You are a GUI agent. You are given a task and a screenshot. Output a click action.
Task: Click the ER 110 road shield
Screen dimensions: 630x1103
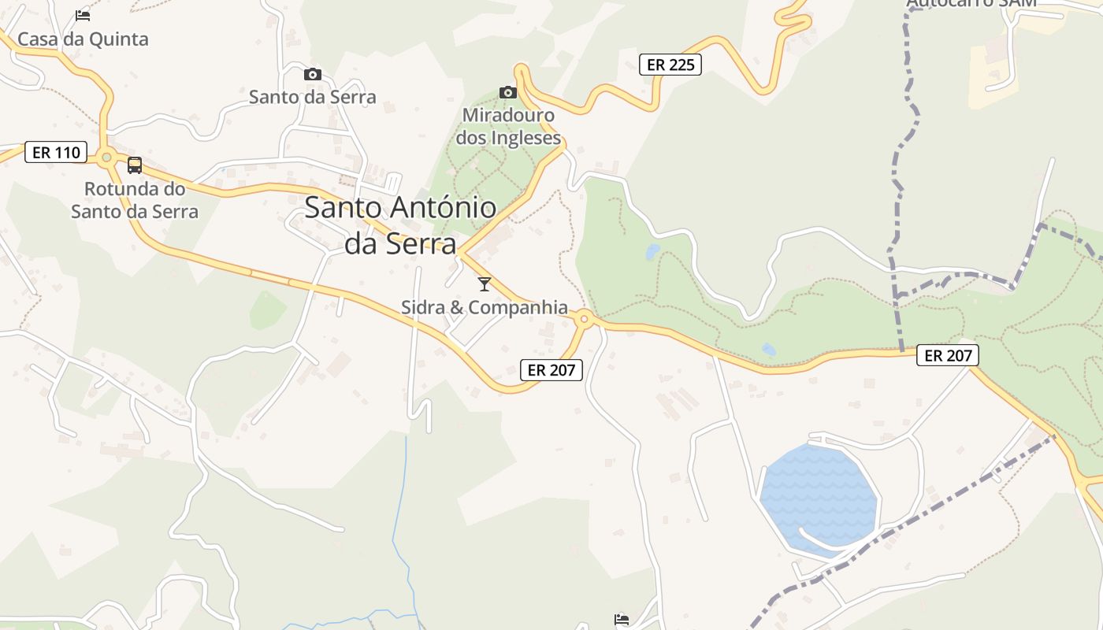(55, 152)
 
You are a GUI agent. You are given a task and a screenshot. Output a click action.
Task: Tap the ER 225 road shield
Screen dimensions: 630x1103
(670, 65)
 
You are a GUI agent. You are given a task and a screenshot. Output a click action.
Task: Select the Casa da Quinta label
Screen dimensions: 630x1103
(83, 39)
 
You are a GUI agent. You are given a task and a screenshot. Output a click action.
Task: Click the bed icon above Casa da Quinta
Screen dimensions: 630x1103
(83, 15)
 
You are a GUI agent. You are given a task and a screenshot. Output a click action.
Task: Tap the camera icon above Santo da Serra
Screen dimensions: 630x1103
(313, 74)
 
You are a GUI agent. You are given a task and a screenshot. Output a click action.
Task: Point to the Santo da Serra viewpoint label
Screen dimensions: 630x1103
(313, 97)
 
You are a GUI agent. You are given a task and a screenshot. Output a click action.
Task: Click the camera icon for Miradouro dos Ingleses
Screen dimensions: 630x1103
(508, 92)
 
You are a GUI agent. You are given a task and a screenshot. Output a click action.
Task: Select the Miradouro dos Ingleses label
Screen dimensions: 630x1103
(508, 126)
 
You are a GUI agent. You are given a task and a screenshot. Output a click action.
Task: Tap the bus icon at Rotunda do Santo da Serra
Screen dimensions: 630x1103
(135, 165)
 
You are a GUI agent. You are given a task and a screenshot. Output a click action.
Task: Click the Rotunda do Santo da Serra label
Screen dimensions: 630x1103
(135, 200)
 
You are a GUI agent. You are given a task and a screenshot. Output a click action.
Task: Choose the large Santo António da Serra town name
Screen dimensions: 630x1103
(400, 225)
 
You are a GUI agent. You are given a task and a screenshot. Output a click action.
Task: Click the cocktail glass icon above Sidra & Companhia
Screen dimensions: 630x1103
(485, 283)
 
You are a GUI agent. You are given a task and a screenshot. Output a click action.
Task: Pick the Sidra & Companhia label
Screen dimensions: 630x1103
(485, 307)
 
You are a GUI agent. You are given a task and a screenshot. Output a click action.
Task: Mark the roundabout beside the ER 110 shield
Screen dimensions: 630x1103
(106, 157)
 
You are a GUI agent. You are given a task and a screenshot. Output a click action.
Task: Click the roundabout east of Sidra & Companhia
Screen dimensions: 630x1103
(584, 319)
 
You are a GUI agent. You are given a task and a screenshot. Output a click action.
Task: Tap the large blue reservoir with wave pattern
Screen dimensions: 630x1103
(819, 492)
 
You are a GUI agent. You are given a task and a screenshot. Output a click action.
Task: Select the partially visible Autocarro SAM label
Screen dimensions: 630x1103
(971, 4)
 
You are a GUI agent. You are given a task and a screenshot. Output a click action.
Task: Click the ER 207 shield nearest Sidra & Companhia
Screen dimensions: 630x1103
(551, 369)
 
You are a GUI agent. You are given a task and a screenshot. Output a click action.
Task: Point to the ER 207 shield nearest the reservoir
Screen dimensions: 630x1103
(948, 356)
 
